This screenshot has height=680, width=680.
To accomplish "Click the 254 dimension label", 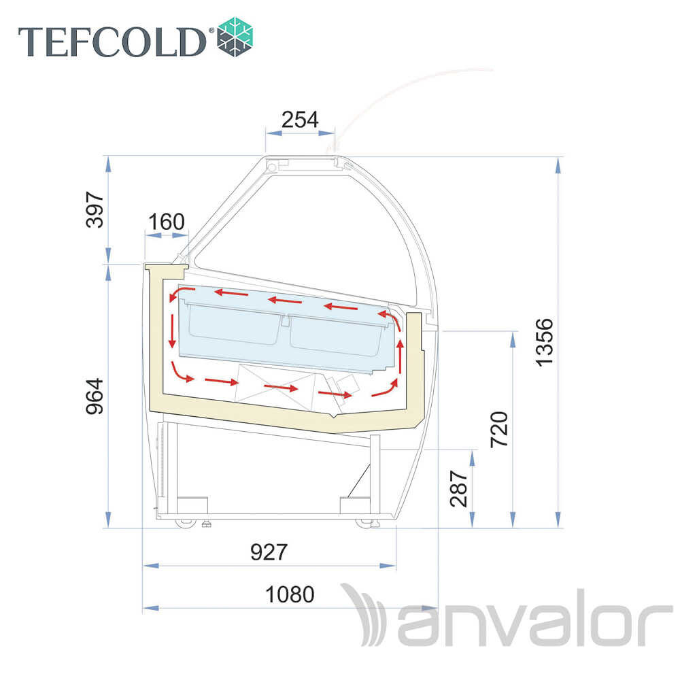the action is (x=300, y=120).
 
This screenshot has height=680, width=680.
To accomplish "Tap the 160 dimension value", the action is (x=167, y=222).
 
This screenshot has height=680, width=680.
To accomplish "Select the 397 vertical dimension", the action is (x=95, y=209).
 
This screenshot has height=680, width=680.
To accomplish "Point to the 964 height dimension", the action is (x=95, y=396).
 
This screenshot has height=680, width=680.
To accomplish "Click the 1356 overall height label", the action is (x=544, y=343).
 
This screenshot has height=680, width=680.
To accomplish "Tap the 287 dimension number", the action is (x=458, y=488).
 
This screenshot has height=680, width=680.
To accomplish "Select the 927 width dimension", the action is (x=269, y=552).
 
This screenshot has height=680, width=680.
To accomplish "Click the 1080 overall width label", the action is (x=290, y=594).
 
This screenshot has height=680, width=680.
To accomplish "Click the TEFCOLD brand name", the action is (x=112, y=41).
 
